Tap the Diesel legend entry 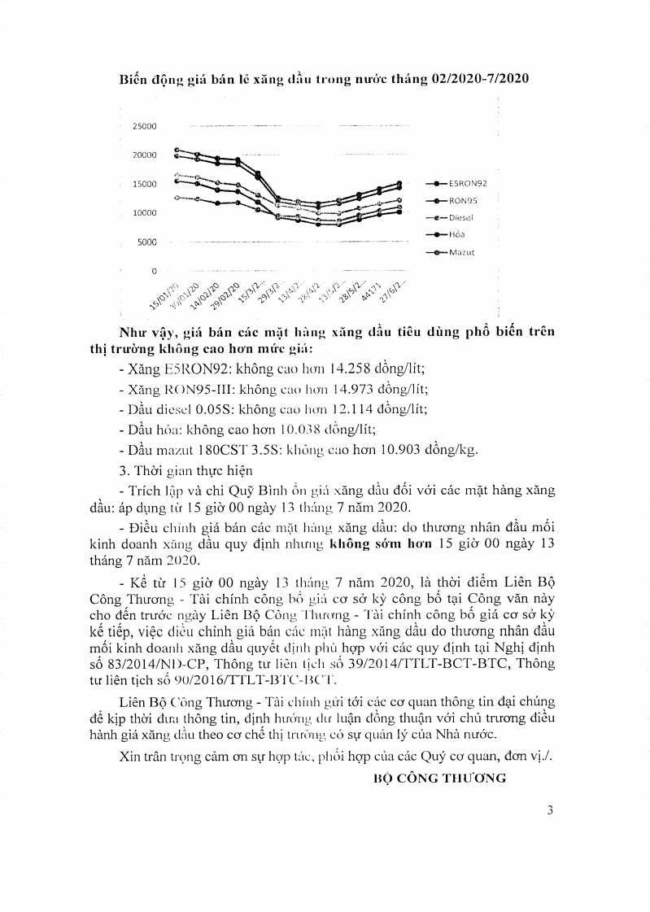point(461,217)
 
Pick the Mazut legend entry point(461,252)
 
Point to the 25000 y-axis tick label point(146,127)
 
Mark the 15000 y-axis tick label point(146,185)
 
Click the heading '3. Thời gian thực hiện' point(185,469)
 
